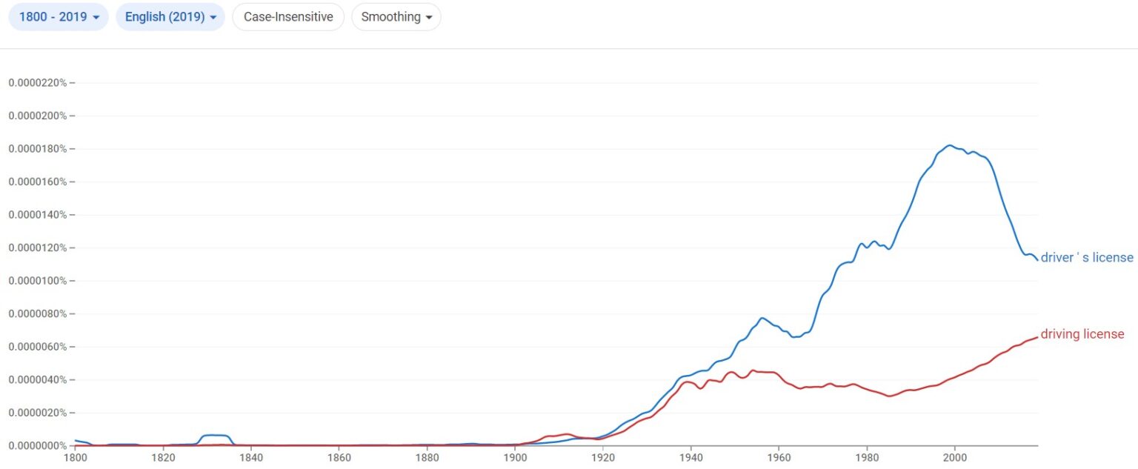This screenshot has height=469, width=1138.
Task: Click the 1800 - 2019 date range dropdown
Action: [x=58, y=17]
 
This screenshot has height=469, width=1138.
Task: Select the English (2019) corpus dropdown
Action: [x=170, y=17]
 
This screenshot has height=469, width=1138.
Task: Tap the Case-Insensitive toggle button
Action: [x=288, y=17]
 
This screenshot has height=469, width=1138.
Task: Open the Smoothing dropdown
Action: [x=396, y=17]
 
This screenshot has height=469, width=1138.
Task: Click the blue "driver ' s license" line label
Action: [x=1087, y=258]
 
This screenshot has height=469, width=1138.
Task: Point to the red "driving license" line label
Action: [x=1082, y=334]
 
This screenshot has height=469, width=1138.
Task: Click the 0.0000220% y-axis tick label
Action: [x=37, y=83]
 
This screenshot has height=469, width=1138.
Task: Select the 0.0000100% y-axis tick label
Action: [x=37, y=281]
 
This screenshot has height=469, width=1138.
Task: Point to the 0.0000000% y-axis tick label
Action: [x=37, y=446]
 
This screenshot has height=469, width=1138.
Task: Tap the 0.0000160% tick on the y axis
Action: [x=37, y=182]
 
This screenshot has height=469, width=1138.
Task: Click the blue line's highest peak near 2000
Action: [x=949, y=145]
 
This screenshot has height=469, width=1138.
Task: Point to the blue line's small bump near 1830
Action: [x=215, y=435]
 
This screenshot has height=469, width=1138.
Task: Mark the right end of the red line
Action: [x=1036, y=338]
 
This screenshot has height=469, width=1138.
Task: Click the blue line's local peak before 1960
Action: [x=761, y=318]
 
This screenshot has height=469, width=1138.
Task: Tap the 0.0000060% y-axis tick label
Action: [x=37, y=347]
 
